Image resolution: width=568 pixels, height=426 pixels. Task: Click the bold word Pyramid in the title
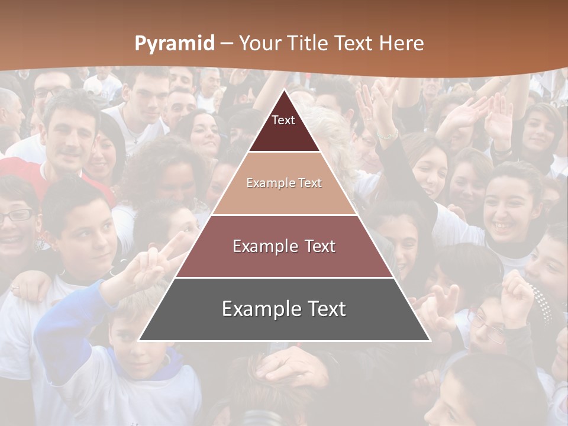175,43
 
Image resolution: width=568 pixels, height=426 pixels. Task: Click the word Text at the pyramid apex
283,120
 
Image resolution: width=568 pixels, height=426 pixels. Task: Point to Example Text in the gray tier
284,309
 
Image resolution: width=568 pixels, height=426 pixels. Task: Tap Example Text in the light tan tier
284,183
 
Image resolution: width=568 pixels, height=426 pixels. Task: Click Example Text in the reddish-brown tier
284,246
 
